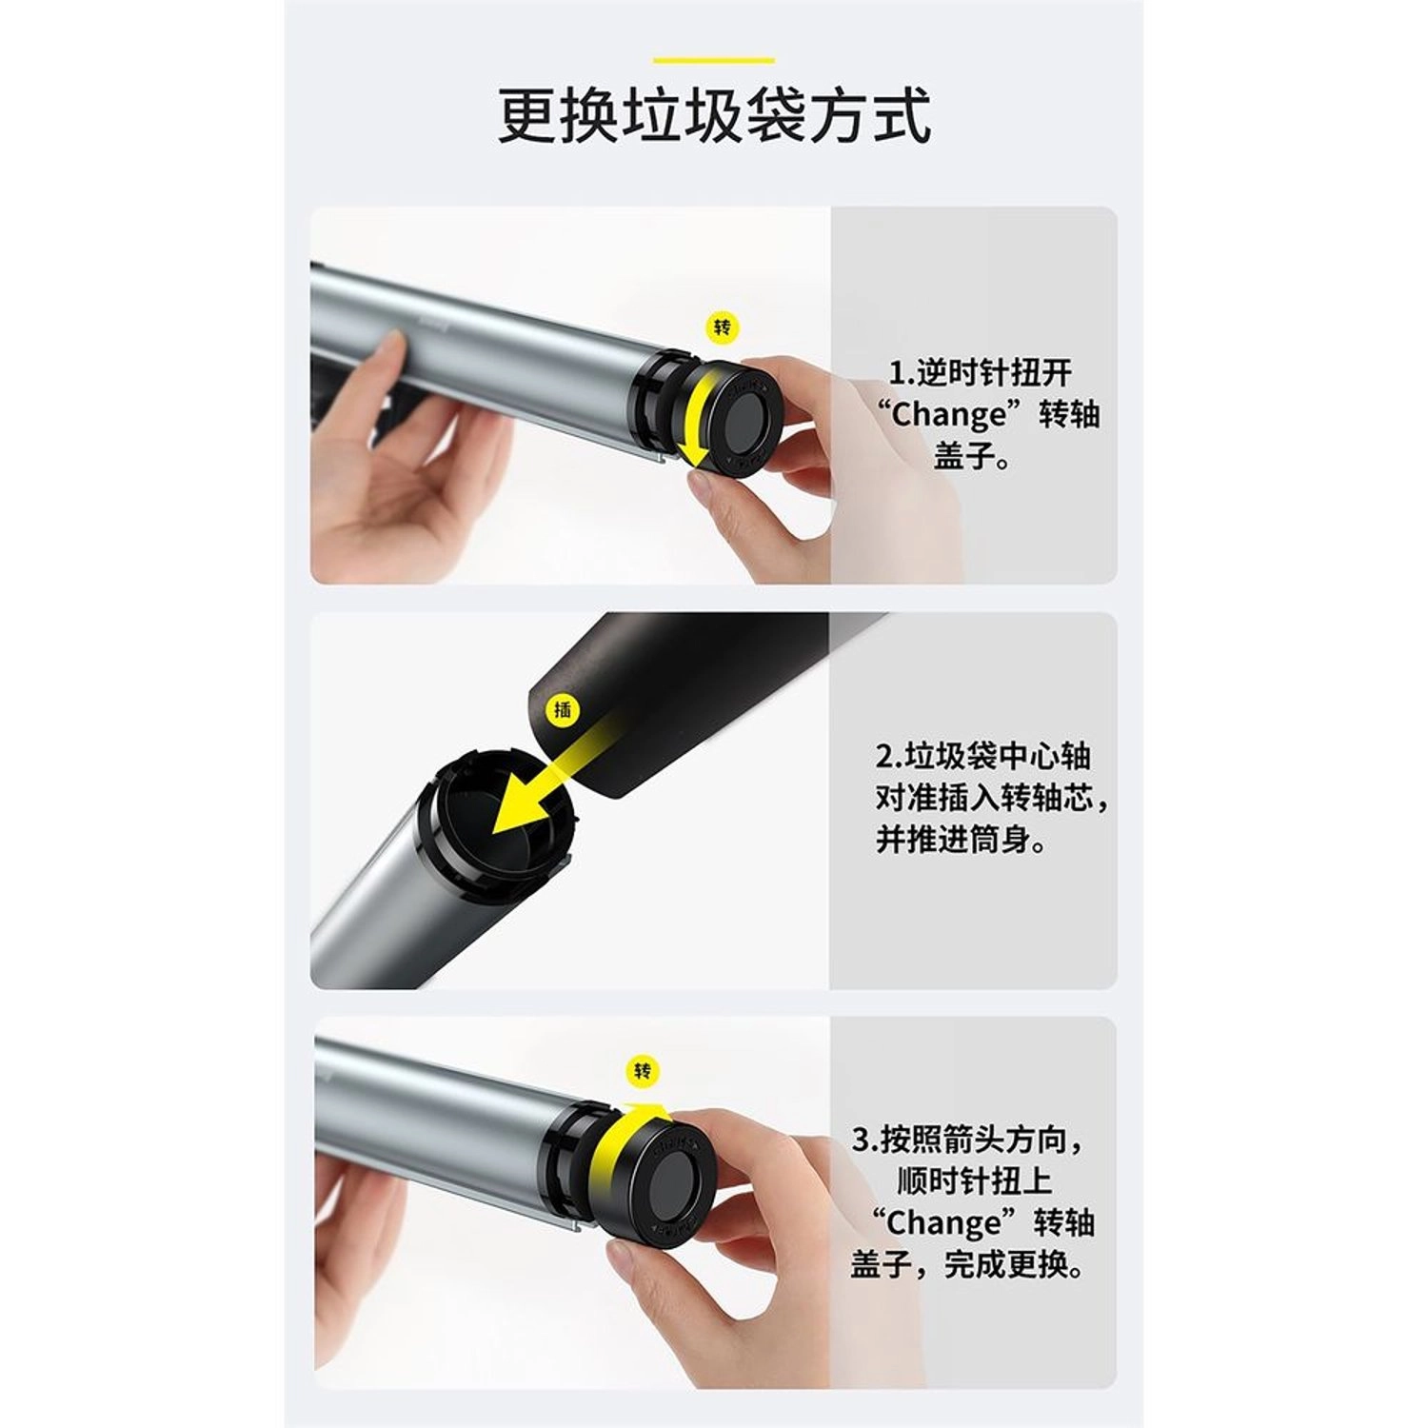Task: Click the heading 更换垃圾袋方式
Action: (x=714, y=116)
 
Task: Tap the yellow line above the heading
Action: (x=713, y=61)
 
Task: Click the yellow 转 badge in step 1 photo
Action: (x=723, y=328)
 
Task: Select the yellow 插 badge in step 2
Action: (x=564, y=709)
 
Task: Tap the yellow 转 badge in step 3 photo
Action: (x=644, y=1071)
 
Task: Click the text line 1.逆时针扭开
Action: (x=980, y=373)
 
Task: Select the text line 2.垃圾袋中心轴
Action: (x=983, y=757)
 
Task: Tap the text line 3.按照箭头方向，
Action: (x=969, y=1139)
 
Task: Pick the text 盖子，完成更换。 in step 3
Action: (x=969, y=1265)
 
